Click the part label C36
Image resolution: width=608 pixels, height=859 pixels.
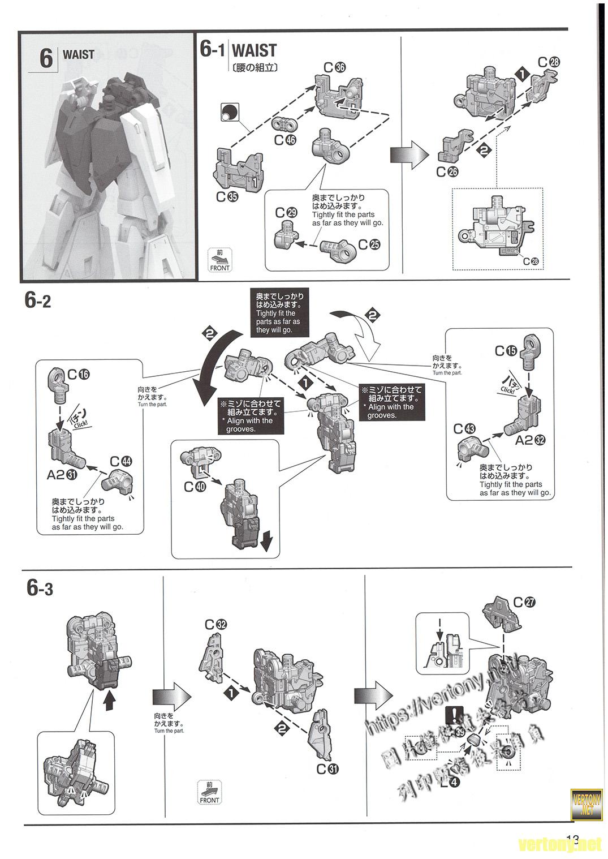pos(334,67)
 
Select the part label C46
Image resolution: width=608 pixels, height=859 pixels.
pos(285,140)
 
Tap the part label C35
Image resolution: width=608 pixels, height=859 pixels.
pos(227,197)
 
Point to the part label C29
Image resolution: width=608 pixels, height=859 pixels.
pos(286,213)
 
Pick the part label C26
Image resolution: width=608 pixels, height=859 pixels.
pos(447,172)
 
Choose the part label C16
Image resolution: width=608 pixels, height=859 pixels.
pos(79,375)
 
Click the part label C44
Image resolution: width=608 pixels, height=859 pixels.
pos(120,461)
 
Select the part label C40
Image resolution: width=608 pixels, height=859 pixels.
pos(195,487)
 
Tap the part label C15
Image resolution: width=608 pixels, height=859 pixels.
pos(506,351)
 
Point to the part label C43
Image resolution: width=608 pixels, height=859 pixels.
pos(465,429)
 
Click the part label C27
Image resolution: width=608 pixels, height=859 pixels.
pos(524,602)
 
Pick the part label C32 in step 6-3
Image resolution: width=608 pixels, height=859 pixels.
pos(216,625)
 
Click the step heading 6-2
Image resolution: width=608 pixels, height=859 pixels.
pos(37,300)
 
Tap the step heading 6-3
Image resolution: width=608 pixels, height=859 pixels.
pos(40,589)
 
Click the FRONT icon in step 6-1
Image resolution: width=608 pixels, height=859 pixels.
pos(219,259)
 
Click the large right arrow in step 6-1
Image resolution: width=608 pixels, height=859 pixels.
pos(408,154)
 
